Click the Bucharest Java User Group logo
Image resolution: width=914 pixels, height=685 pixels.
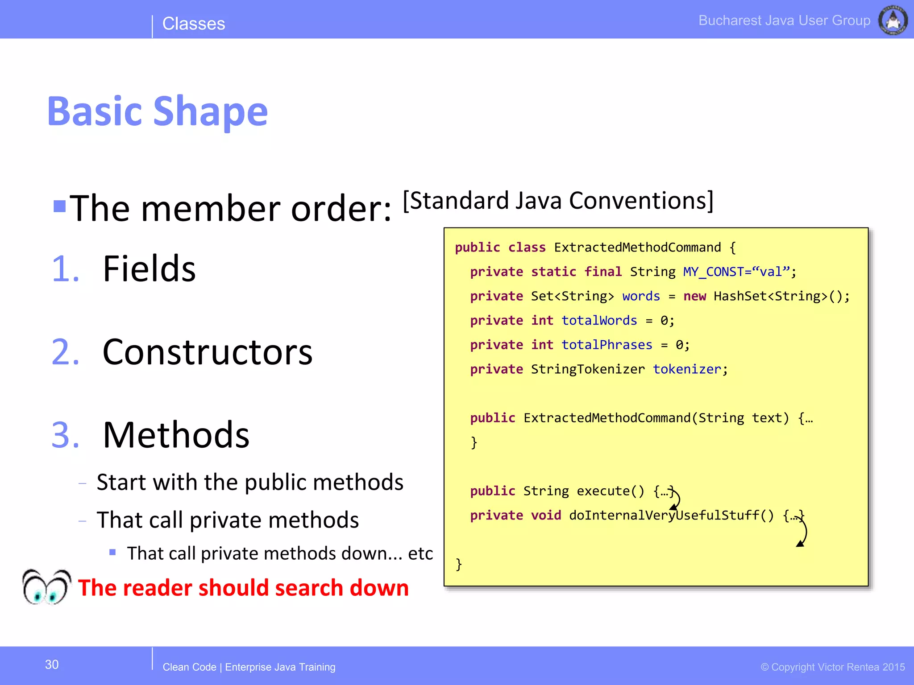tap(893, 20)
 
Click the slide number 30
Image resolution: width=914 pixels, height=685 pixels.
tap(52, 664)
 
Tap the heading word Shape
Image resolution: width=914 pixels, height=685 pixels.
tap(210, 111)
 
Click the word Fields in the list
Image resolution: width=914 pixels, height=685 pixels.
tap(149, 268)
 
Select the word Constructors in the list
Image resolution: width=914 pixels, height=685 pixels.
tap(208, 352)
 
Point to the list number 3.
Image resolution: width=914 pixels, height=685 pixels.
tap(65, 435)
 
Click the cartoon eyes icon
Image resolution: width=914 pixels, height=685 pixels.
tap(46, 587)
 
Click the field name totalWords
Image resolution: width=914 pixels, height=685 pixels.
tap(599, 320)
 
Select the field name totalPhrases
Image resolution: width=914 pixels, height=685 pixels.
tap(607, 345)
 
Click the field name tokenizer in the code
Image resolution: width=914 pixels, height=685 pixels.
tap(687, 369)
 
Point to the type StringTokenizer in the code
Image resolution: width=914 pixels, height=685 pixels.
tap(588, 369)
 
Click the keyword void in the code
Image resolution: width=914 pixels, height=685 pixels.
tap(546, 516)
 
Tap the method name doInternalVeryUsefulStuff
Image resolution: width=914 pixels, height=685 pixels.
tap(664, 516)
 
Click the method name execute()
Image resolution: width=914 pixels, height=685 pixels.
tap(610, 491)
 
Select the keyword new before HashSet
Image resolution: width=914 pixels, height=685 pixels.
tap(694, 296)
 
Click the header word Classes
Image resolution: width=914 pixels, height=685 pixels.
tap(194, 24)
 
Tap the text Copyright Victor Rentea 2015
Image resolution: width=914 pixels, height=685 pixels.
tap(833, 667)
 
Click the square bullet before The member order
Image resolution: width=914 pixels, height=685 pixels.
tap(59, 206)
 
